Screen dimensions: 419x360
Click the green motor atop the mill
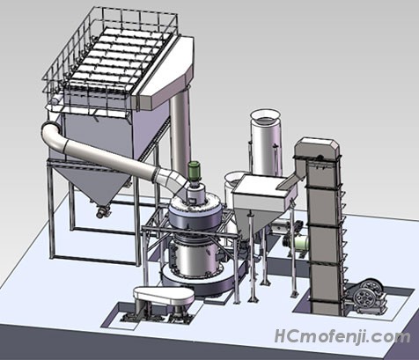(x=194, y=171)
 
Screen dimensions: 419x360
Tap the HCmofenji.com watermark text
(x=342, y=336)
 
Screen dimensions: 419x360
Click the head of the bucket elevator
(x=317, y=151)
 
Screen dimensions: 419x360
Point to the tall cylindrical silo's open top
(x=266, y=115)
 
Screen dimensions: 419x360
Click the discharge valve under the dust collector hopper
(x=102, y=212)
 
